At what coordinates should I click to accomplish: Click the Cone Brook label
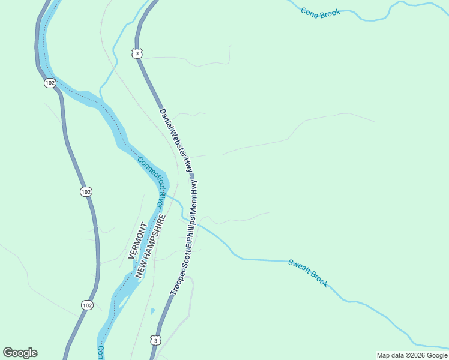click(321, 12)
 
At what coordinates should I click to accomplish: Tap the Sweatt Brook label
click(308, 273)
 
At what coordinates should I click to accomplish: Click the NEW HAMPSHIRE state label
click(150, 246)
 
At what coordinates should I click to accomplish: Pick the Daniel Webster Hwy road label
click(176, 141)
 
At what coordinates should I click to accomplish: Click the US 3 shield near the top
click(138, 53)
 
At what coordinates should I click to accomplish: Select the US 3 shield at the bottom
click(156, 341)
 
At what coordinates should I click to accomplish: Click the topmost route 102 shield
click(50, 83)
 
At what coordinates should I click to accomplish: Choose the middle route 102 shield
click(86, 191)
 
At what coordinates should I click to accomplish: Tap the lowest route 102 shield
click(87, 305)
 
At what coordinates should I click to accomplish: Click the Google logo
click(20, 353)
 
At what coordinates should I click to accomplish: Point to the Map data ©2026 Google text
click(412, 355)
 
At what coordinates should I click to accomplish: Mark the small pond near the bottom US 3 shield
click(152, 311)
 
